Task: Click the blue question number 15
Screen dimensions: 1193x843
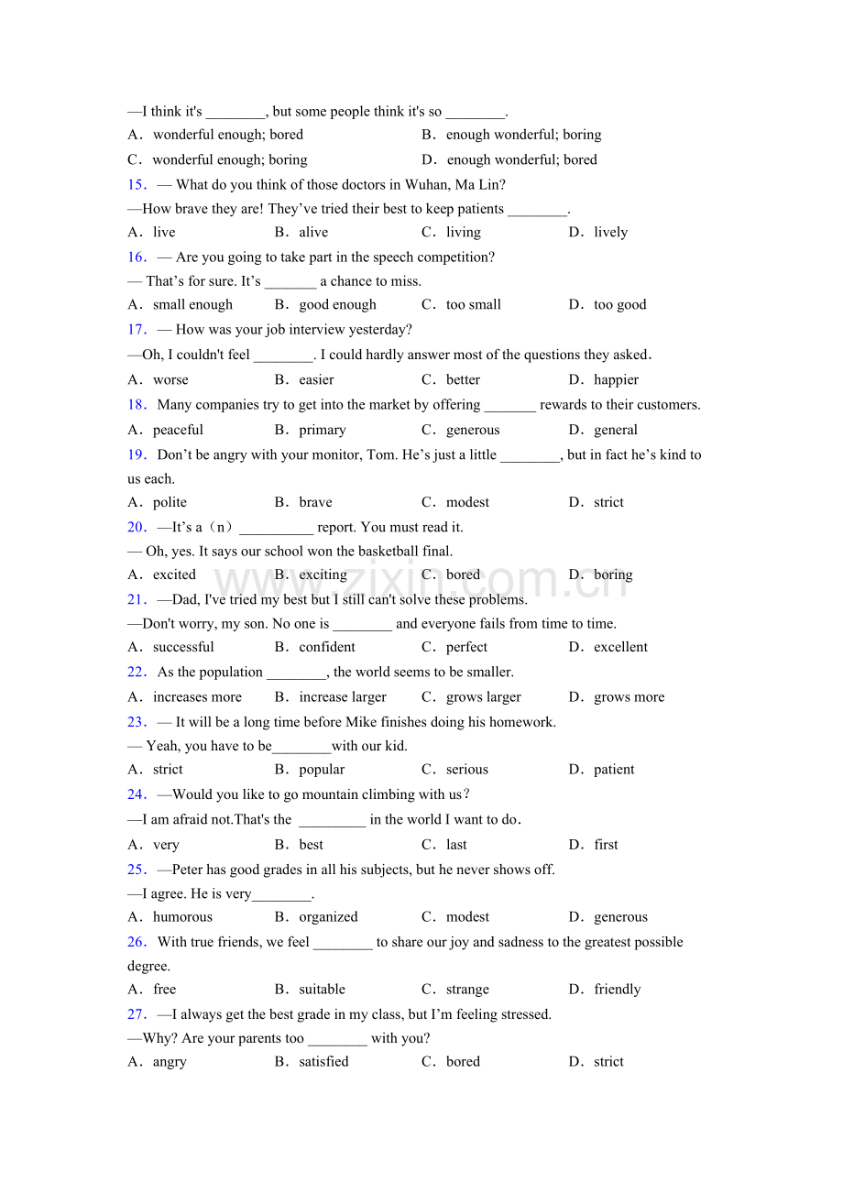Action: click(x=137, y=184)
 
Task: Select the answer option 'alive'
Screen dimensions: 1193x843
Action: click(x=313, y=233)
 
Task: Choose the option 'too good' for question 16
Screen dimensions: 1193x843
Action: click(x=619, y=305)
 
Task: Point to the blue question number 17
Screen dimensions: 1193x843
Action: click(x=137, y=330)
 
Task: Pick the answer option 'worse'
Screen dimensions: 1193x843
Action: click(x=170, y=380)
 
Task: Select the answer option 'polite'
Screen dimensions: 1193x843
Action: click(x=170, y=503)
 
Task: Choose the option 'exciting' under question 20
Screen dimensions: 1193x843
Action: click(x=323, y=575)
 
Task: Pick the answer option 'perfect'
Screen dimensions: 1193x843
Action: click(x=466, y=648)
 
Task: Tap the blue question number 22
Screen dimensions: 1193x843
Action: click(x=137, y=673)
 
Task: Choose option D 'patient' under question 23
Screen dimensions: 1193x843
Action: click(x=614, y=770)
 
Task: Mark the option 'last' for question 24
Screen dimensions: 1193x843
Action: click(x=456, y=845)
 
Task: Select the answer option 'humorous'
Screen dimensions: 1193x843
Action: click(x=182, y=917)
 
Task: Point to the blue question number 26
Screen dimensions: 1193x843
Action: click(x=137, y=942)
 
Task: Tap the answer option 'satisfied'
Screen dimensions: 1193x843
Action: click(x=323, y=1062)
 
